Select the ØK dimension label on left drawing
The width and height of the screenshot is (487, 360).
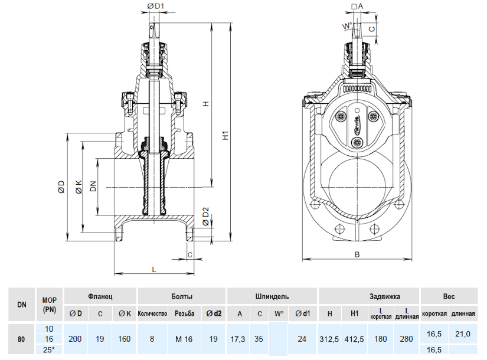[79, 188]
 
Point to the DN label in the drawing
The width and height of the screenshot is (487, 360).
[93, 187]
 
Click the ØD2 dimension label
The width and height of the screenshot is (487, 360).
[205, 216]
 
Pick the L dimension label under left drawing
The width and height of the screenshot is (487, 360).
[154, 269]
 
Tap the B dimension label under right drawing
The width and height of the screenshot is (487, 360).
[357, 255]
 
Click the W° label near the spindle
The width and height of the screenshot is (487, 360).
[347, 26]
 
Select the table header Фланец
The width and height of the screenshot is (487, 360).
[100, 296]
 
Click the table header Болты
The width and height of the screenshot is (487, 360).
[182, 296]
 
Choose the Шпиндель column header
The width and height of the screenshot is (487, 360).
[272, 296]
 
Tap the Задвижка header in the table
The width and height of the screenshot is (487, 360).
[369, 296]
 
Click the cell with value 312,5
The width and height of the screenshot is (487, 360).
[330, 339]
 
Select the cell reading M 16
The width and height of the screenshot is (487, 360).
[184, 339]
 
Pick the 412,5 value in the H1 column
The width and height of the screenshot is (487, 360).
[355, 339]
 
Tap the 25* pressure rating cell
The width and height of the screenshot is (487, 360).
[49, 349]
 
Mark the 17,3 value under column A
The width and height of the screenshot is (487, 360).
[240, 339]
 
